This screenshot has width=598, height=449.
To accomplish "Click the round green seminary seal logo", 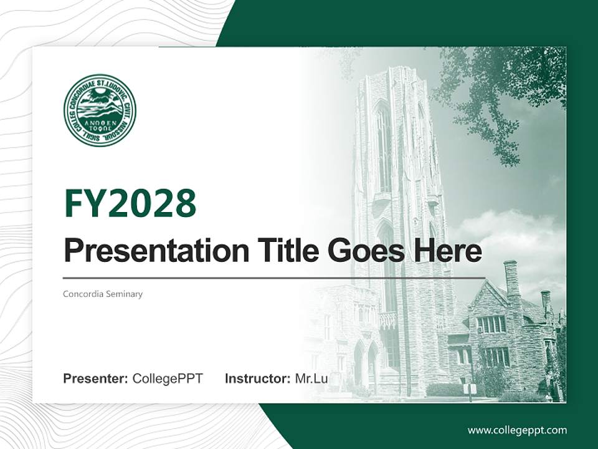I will click(100, 110).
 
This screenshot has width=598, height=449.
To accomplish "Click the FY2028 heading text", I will click(130, 203).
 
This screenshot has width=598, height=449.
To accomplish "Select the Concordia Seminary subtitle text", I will click(103, 294).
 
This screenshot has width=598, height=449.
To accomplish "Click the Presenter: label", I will click(95, 379).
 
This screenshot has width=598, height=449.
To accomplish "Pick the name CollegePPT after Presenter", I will click(168, 379).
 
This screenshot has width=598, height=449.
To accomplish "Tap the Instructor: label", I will click(257, 379).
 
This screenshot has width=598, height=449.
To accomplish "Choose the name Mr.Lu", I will click(311, 379).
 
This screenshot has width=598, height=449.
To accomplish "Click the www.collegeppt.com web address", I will click(517, 430).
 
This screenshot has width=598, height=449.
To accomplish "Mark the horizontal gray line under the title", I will click(274, 278).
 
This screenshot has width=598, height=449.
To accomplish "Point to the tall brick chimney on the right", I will click(511, 281).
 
